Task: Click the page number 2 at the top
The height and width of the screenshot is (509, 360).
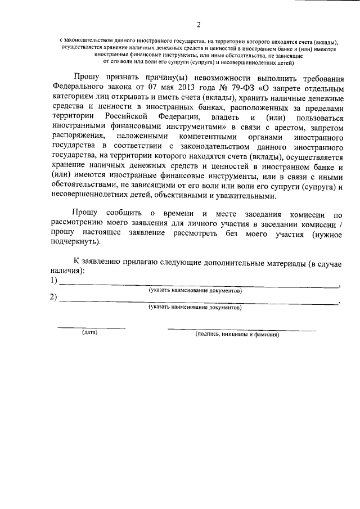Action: pyautogui.click(x=198, y=24)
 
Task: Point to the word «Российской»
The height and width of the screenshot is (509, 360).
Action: pyautogui.click(x=124, y=116)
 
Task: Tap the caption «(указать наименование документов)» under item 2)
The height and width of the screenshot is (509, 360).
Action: pyautogui.click(x=195, y=308)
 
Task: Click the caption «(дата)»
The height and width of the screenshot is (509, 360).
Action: pyautogui.click(x=90, y=333)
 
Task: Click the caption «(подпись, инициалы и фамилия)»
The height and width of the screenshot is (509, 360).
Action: pyautogui.click(x=237, y=334)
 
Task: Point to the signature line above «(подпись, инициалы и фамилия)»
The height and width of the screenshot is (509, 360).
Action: pyautogui.click(x=242, y=328)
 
